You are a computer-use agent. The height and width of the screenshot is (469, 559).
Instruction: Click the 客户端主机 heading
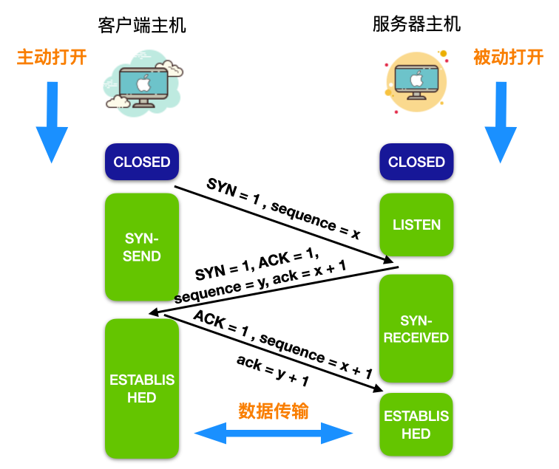(142, 26)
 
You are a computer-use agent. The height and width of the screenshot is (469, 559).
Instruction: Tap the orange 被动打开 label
(508, 57)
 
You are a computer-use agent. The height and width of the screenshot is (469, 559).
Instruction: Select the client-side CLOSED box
(142, 162)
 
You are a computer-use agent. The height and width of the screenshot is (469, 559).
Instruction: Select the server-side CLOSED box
(416, 162)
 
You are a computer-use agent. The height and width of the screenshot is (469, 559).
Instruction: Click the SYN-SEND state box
(142, 247)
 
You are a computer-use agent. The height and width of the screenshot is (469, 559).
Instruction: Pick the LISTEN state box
(416, 225)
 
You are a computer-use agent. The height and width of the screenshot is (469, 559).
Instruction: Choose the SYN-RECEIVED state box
(416, 329)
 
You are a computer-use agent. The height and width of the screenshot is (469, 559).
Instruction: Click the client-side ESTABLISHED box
(142, 388)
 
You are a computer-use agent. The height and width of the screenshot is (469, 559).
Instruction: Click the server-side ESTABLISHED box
(416, 425)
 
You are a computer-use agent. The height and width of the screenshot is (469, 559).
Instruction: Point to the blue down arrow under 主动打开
(52, 122)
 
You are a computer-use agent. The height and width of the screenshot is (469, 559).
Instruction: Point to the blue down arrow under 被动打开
(501, 122)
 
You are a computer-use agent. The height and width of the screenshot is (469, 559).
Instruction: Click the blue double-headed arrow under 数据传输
(274, 433)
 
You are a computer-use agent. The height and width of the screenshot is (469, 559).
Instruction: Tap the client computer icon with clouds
(143, 79)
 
